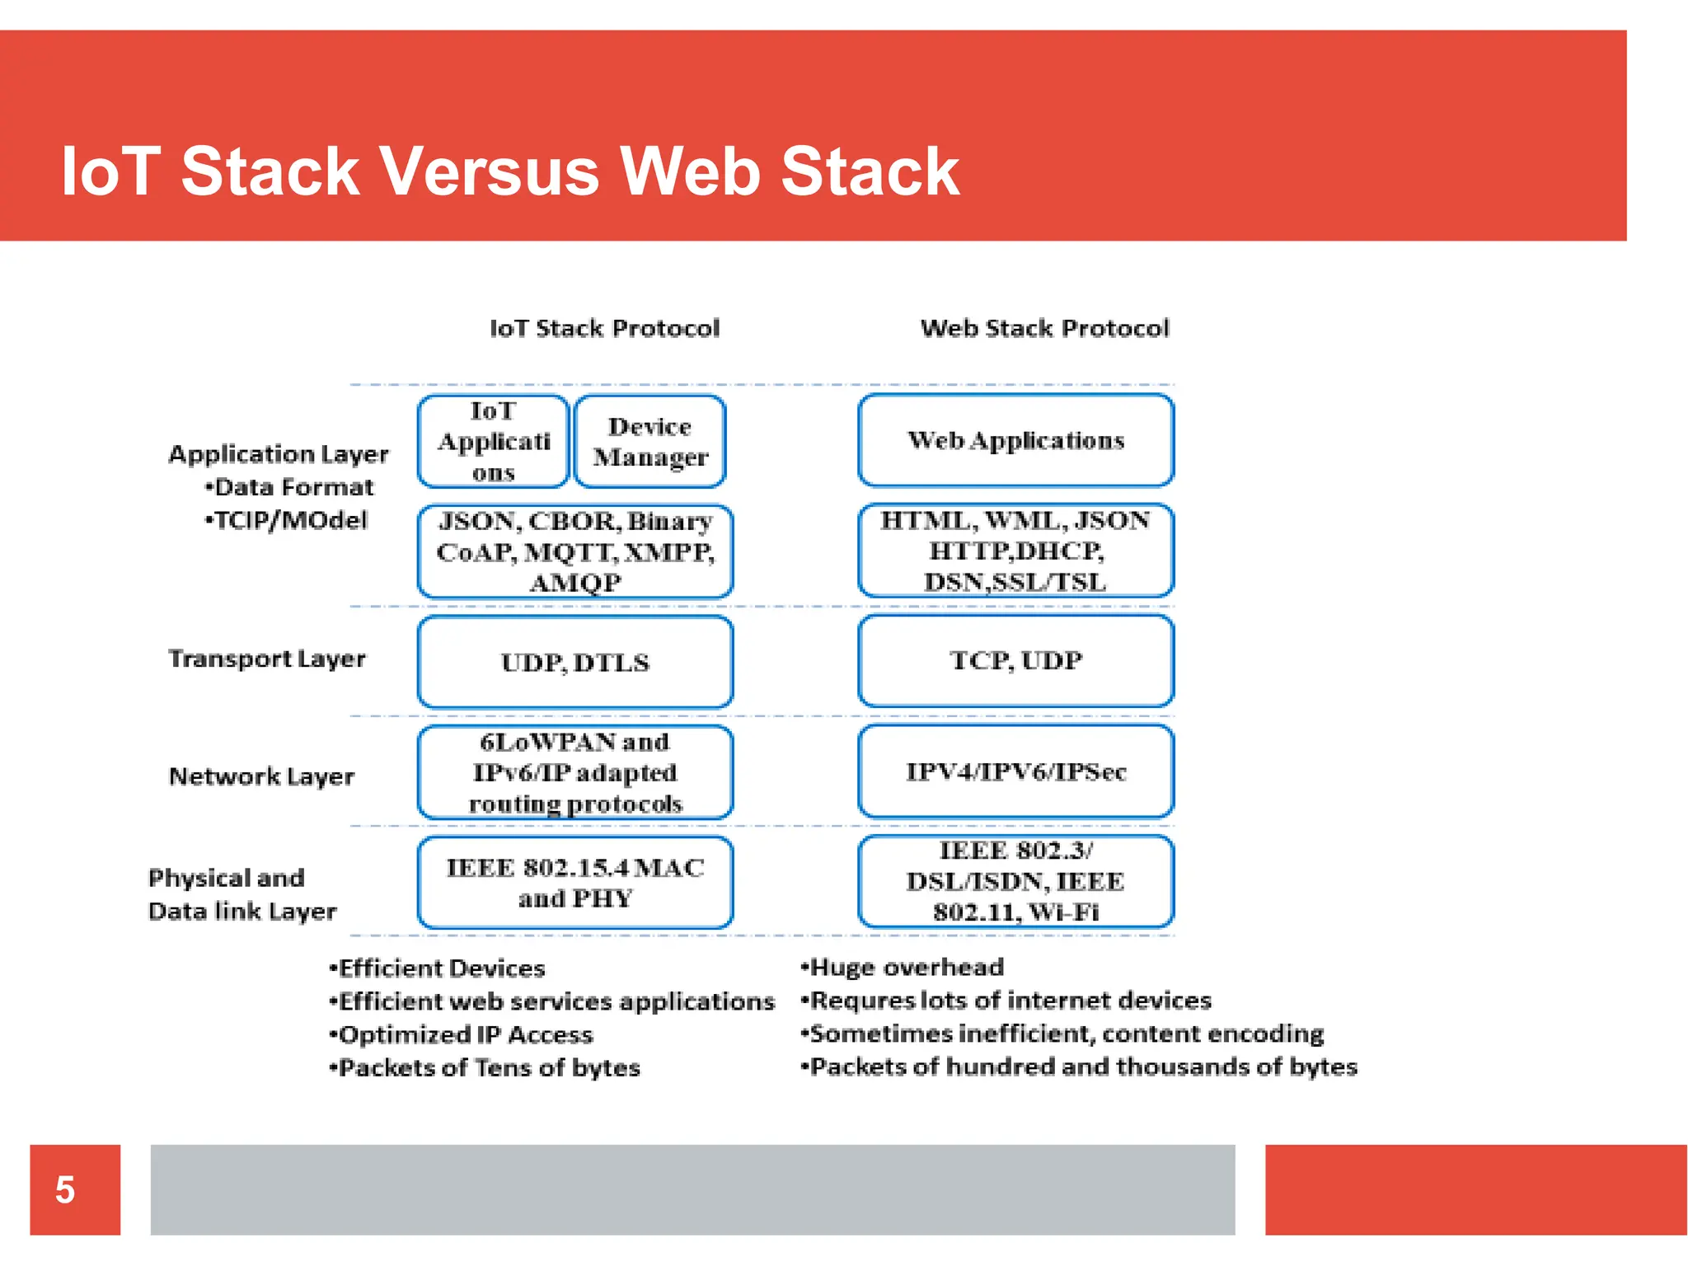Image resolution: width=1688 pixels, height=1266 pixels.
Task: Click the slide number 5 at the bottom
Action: pyautogui.click(x=65, y=1189)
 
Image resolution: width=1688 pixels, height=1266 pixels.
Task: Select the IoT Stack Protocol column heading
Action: pyautogui.click(x=604, y=328)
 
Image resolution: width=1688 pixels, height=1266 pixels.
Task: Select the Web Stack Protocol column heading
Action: pyautogui.click(x=1044, y=328)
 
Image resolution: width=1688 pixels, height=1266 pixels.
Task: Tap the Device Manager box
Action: pyautogui.click(x=649, y=442)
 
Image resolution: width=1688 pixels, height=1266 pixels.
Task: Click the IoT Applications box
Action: pyautogui.click(x=493, y=442)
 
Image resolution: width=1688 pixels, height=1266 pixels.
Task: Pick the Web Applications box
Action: pyautogui.click(x=1015, y=440)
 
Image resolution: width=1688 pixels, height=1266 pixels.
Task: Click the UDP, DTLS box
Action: pyautogui.click(x=574, y=662)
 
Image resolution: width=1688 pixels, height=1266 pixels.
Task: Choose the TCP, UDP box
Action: pyautogui.click(x=1015, y=660)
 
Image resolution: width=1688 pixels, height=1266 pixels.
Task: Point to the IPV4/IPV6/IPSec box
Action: pyautogui.click(x=1015, y=771)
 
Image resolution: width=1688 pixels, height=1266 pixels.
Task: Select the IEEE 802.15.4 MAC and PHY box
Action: pyautogui.click(x=574, y=882)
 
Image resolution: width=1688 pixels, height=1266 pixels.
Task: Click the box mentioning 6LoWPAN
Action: pyautogui.click(x=574, y=772)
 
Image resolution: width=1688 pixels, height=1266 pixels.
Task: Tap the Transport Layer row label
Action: pyautogui.click(x=266, y=659)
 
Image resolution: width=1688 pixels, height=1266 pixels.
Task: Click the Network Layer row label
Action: pyautogui.click(x=261, y=776)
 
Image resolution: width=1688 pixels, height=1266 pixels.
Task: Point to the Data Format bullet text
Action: pyautogui.click(x=293, y=487)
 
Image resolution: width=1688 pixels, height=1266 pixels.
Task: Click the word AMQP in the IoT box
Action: pyautogui.click(x=574, y=583)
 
